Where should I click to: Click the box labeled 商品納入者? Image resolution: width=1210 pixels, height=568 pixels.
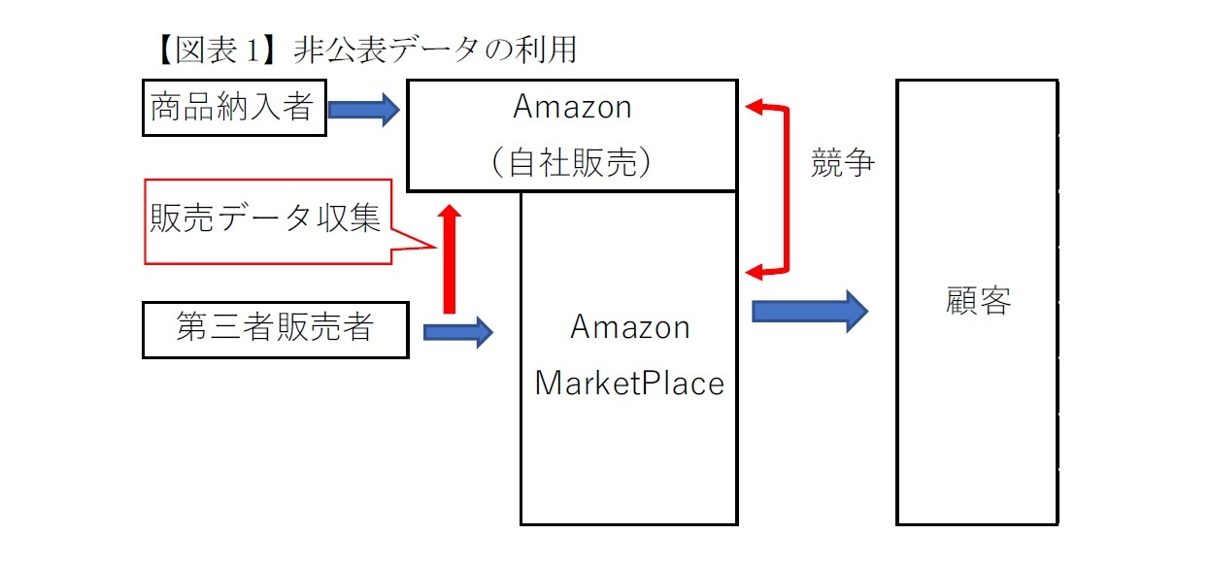point(232,108)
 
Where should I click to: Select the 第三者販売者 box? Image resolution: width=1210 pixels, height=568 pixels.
point(275,329)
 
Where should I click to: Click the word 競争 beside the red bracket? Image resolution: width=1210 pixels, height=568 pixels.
point(842,164)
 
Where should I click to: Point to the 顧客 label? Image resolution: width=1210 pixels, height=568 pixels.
point(978,302)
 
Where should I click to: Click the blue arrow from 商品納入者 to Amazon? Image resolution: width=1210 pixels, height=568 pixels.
point(363,109)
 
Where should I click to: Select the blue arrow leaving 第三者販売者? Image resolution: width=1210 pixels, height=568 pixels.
point(458,333)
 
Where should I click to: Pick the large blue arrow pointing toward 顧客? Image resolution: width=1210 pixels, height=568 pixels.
point(809,311)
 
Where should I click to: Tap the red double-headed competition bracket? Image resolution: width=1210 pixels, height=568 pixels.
point(785,189)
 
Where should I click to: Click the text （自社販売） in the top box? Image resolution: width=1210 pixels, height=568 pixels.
point(572,162)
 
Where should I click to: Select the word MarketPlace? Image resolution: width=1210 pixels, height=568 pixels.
point(629,384)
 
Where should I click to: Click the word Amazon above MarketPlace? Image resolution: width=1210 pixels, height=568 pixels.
point(629,327)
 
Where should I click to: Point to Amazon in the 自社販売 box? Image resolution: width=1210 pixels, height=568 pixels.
point(572,107)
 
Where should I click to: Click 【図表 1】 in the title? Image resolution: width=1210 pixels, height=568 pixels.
point(210,50)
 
